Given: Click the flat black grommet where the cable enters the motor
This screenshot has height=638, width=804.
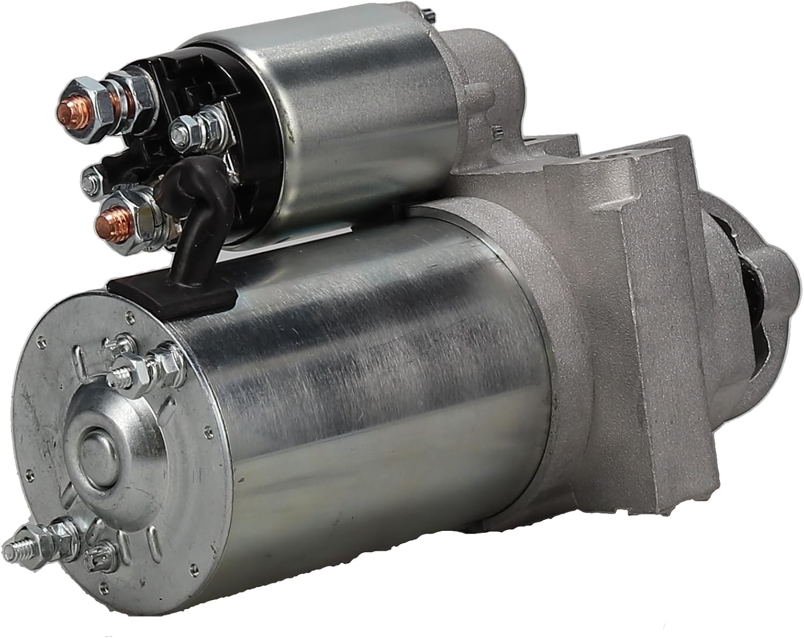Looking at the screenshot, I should coord(172,289).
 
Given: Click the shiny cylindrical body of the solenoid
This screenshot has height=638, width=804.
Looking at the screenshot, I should coord(348,107).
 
